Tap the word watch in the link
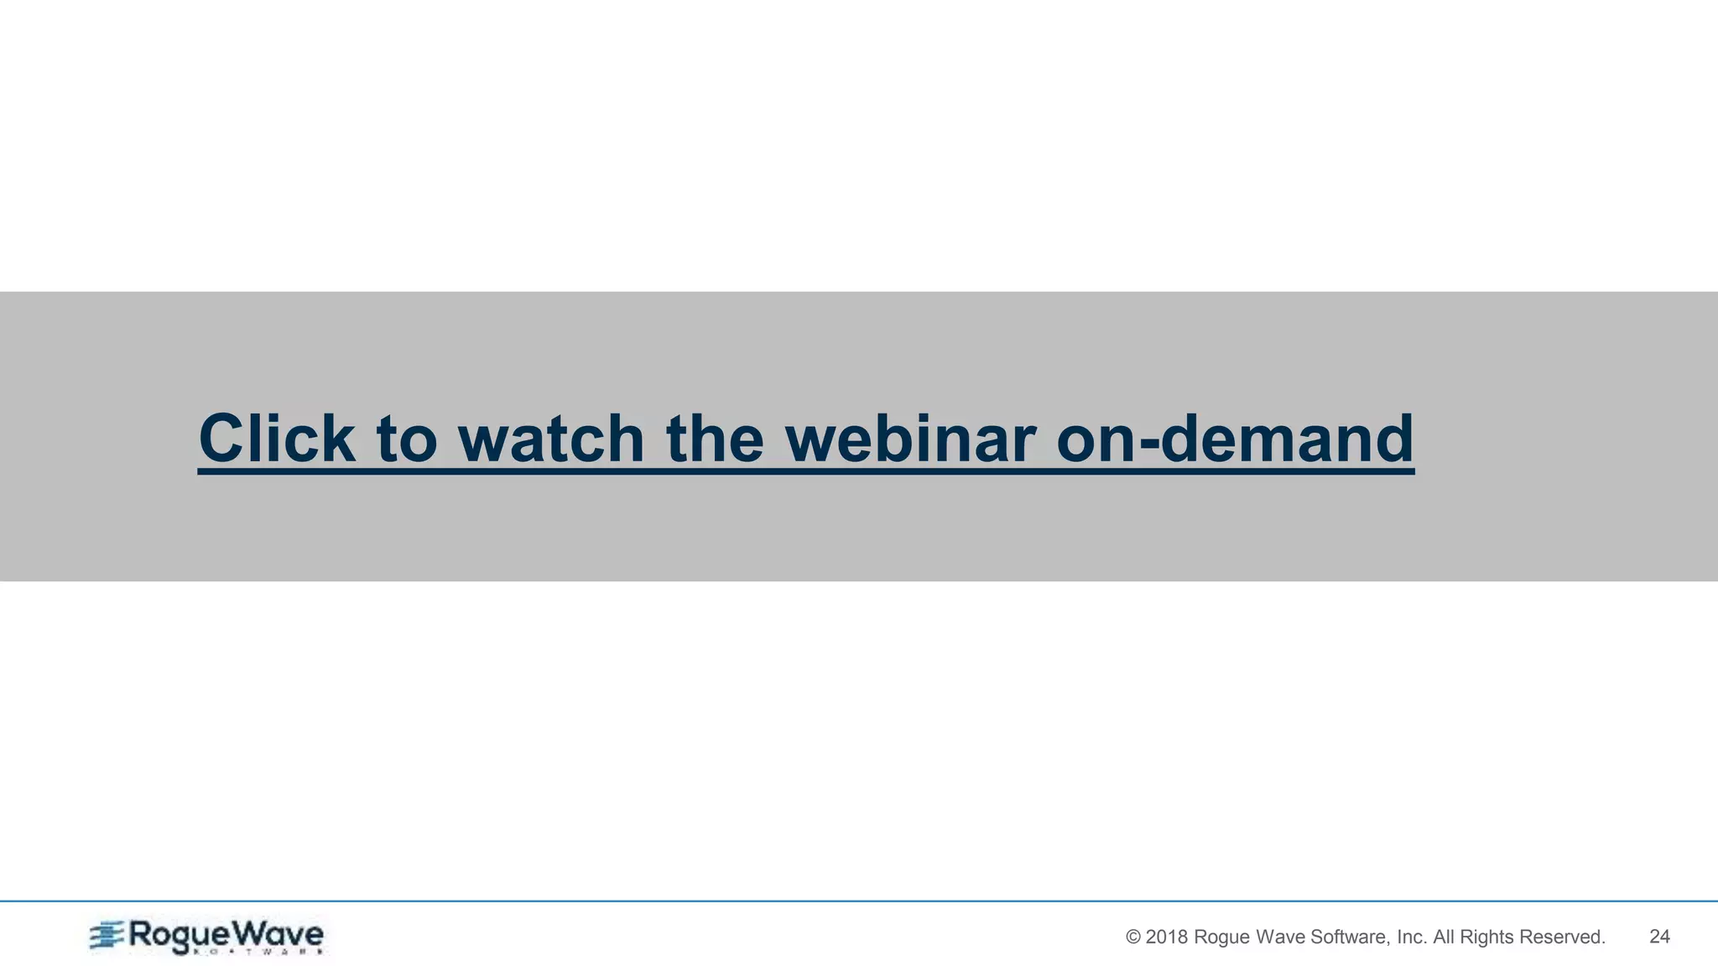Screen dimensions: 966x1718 tap(551, 439)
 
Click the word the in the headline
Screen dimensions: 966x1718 tap(715, 439)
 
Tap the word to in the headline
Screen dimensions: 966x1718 tap(407, 439)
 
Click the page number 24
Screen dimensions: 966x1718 tap(1659, 937)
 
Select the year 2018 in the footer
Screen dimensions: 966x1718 tap(1166, 937)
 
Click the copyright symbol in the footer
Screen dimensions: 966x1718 tap(1132, 937)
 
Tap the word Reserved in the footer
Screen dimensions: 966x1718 tap(1562, 937)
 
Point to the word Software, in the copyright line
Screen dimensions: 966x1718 tap(1351, 937)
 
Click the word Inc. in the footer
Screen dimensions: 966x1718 tap(1412, 937)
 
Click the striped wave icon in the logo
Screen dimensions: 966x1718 tap(107, 936)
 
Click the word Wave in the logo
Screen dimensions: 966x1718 tap(277, 933)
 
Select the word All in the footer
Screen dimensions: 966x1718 tap(1444, 937)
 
